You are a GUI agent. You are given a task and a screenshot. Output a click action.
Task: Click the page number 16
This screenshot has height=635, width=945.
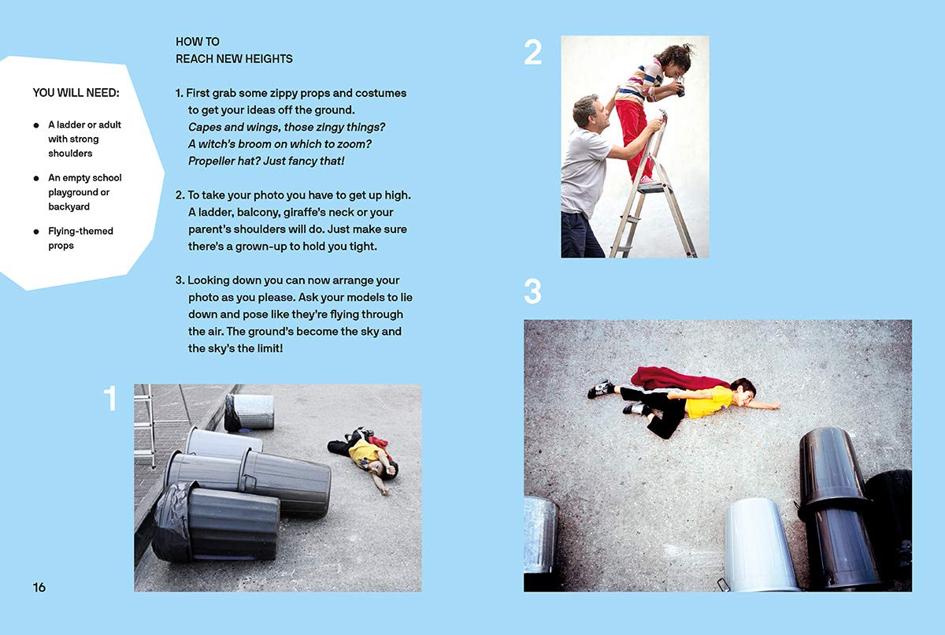(39, 587)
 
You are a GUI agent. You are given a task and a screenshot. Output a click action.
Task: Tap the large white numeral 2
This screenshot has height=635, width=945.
(532, 52)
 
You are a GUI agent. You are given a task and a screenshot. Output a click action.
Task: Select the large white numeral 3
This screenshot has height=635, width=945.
(532, 292)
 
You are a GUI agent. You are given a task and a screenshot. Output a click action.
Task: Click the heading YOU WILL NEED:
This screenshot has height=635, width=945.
(76, 92)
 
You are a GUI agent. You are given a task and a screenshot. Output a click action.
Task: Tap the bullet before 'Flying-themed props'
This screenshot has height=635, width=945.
(36, 231)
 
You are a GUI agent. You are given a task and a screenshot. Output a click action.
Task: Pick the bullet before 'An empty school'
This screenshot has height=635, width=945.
(36, 178)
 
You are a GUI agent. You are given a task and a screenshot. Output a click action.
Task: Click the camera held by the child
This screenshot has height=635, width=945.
(679, 87)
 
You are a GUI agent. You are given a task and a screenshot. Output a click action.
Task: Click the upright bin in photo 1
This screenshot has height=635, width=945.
(250, 412)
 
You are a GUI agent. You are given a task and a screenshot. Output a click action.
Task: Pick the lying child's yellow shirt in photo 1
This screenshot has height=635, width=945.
(364, 455)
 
